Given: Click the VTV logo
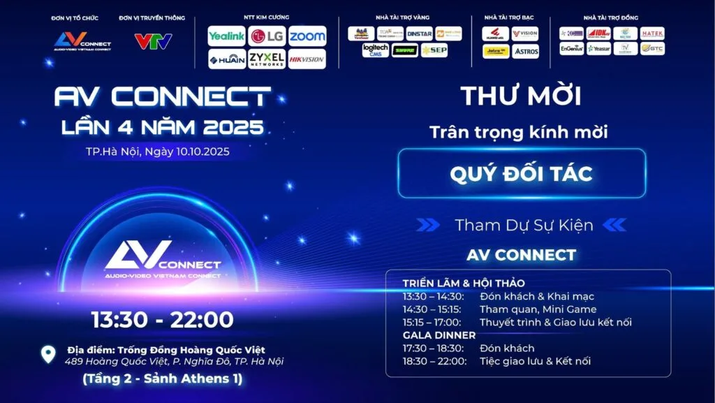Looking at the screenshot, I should (x=153, y=41).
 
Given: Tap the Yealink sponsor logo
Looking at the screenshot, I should (x=226, y=36).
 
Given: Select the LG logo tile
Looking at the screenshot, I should (x=267, y=36).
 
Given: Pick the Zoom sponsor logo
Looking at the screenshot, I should (x=307, y=36).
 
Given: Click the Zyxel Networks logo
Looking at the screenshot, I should (x=267, y=59).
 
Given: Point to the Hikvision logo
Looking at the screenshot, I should (x=307, y=59).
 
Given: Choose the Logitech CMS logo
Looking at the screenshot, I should (x=376, y=50).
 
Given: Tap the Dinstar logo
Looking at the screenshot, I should (x=420, y=34).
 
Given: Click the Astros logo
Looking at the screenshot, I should (x=525, y=51).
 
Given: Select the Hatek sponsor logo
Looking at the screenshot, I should (x=653, y=34).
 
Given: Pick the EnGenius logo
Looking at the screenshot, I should (x=571, y=49).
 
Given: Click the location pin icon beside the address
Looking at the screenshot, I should (x=47, y=354).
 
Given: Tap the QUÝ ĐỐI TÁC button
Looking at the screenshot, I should (x=522, y=173).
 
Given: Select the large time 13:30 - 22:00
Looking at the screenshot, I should (x=162, y=319).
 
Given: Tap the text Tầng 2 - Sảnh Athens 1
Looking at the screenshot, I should (x=162, y=379).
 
